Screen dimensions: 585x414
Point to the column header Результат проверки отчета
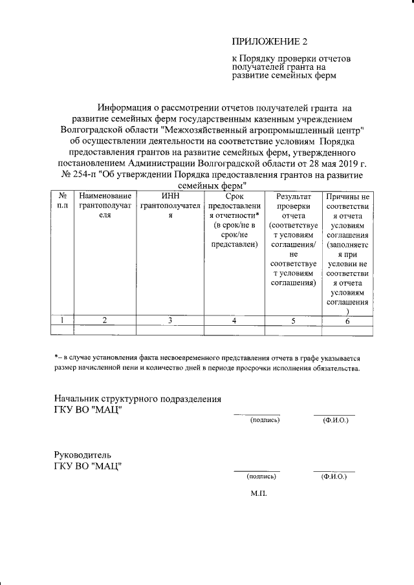(292, 239)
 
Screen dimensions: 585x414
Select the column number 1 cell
(63, 320)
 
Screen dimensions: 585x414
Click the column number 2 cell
(105, 320)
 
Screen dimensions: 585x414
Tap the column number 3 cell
(170, 320)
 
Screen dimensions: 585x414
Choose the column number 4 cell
(234, 320)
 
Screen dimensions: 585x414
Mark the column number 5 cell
(292, 320)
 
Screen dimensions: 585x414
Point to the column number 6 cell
(347, 320)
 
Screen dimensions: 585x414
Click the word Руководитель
(83, 454)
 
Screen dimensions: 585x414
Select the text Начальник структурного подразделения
(138, 398)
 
